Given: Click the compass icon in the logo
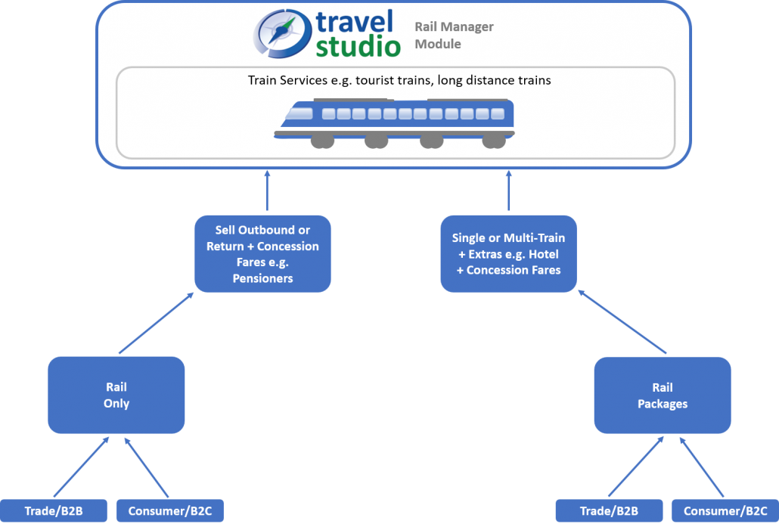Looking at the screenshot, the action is [282, 33].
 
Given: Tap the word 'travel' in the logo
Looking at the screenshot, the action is [354, 23].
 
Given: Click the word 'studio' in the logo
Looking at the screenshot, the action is [358, 46].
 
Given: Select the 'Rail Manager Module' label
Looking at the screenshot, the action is [454, 36].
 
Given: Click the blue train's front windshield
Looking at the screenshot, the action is [300, 113].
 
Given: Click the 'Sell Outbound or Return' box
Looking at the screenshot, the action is [262, 254].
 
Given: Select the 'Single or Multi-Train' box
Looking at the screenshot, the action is [508, 254].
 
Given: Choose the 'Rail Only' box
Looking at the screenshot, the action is [116, 395].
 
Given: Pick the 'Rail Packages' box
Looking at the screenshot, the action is [663, 395].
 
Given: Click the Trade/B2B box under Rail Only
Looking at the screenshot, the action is [54, 510].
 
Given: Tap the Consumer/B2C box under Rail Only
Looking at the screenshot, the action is [170, 510].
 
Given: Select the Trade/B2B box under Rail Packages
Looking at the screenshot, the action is [609, 510].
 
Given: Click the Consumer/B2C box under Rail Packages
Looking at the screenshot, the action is [725, 510].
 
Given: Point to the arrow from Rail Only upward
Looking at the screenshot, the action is [156, 323].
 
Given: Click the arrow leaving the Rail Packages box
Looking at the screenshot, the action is [622, 322].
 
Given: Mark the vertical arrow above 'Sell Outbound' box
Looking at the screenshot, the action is [267, 191].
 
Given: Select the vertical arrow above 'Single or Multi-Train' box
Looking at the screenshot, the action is [509, 191].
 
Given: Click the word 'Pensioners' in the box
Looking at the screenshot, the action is [262, 278].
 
